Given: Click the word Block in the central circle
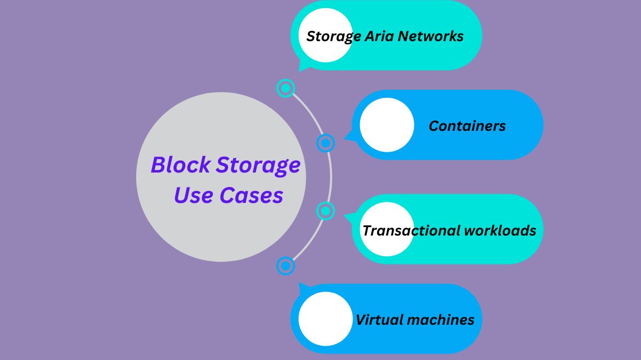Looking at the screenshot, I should (x=180, y=165).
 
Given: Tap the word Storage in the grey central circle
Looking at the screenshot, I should (x=258, y=166).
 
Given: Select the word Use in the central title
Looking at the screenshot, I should (x=193, y=195).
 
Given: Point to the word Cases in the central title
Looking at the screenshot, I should (x=251, y=195).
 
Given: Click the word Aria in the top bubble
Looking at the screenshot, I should (x=381, y=36).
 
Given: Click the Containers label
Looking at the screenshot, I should (x=467, y=126).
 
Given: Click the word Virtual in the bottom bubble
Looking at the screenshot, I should (x=378, y=320).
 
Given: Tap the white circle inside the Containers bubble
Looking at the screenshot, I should (x=387, y=125).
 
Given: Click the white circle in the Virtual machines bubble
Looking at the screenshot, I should (x=325, y=319).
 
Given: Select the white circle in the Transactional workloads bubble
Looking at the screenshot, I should (x=387, y=229).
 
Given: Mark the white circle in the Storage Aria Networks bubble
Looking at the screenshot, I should (x=325, y=35).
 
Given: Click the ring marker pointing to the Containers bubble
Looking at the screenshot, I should (x=325, y=143).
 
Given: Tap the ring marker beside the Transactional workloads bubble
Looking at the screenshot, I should (x=325, y=210).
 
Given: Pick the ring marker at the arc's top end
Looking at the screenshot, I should (x=286, y=88).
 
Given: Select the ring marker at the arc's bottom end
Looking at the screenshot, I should (x=286, y=265).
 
